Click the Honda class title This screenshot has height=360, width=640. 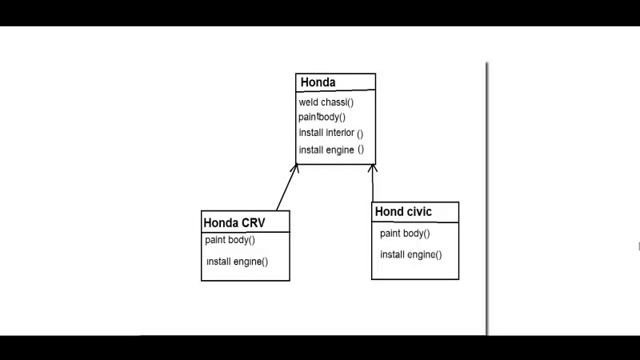tap(318, 82)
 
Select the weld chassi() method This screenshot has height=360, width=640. tap(327, 102)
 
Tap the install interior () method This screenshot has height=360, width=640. tap(330, 133)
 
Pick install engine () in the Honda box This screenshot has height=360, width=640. tap(330, 150)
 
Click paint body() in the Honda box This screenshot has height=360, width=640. tap(320, 117)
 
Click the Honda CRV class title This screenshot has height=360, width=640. tap(233, 222)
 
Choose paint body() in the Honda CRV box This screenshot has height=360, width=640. tap(230, 240)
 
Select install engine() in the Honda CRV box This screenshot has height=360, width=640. tap(237, 262)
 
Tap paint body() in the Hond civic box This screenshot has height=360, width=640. tap(405, 233)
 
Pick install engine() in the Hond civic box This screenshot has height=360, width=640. tap(410, 255)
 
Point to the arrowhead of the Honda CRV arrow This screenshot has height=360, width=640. tap(297, 165)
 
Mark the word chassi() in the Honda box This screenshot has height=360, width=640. tap(338, 102)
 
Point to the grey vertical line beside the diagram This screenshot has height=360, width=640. tap(487, 200)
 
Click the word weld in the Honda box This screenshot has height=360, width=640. tap(308, 102)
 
